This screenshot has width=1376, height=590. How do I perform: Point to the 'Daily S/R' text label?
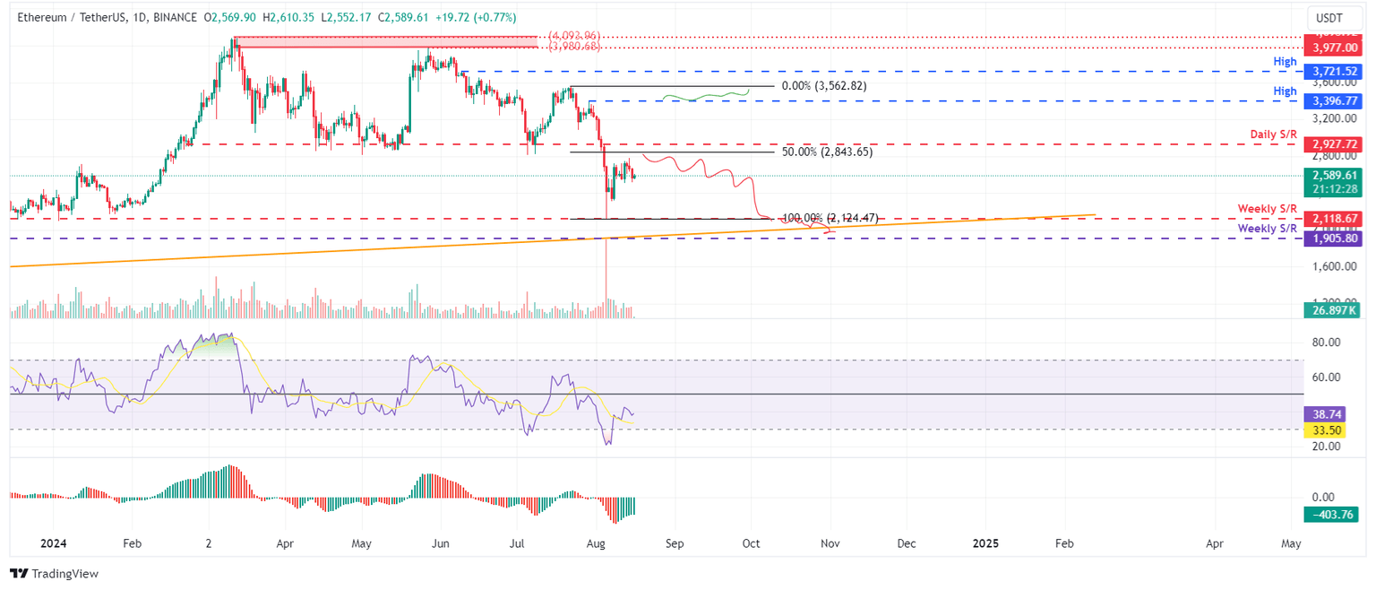click(1273, 134)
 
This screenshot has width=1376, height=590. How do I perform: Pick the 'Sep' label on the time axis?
click(675, 544)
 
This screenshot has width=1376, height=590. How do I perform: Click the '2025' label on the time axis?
click(985, 544)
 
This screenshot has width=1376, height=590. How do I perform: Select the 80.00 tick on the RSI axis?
click(1326, 343)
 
